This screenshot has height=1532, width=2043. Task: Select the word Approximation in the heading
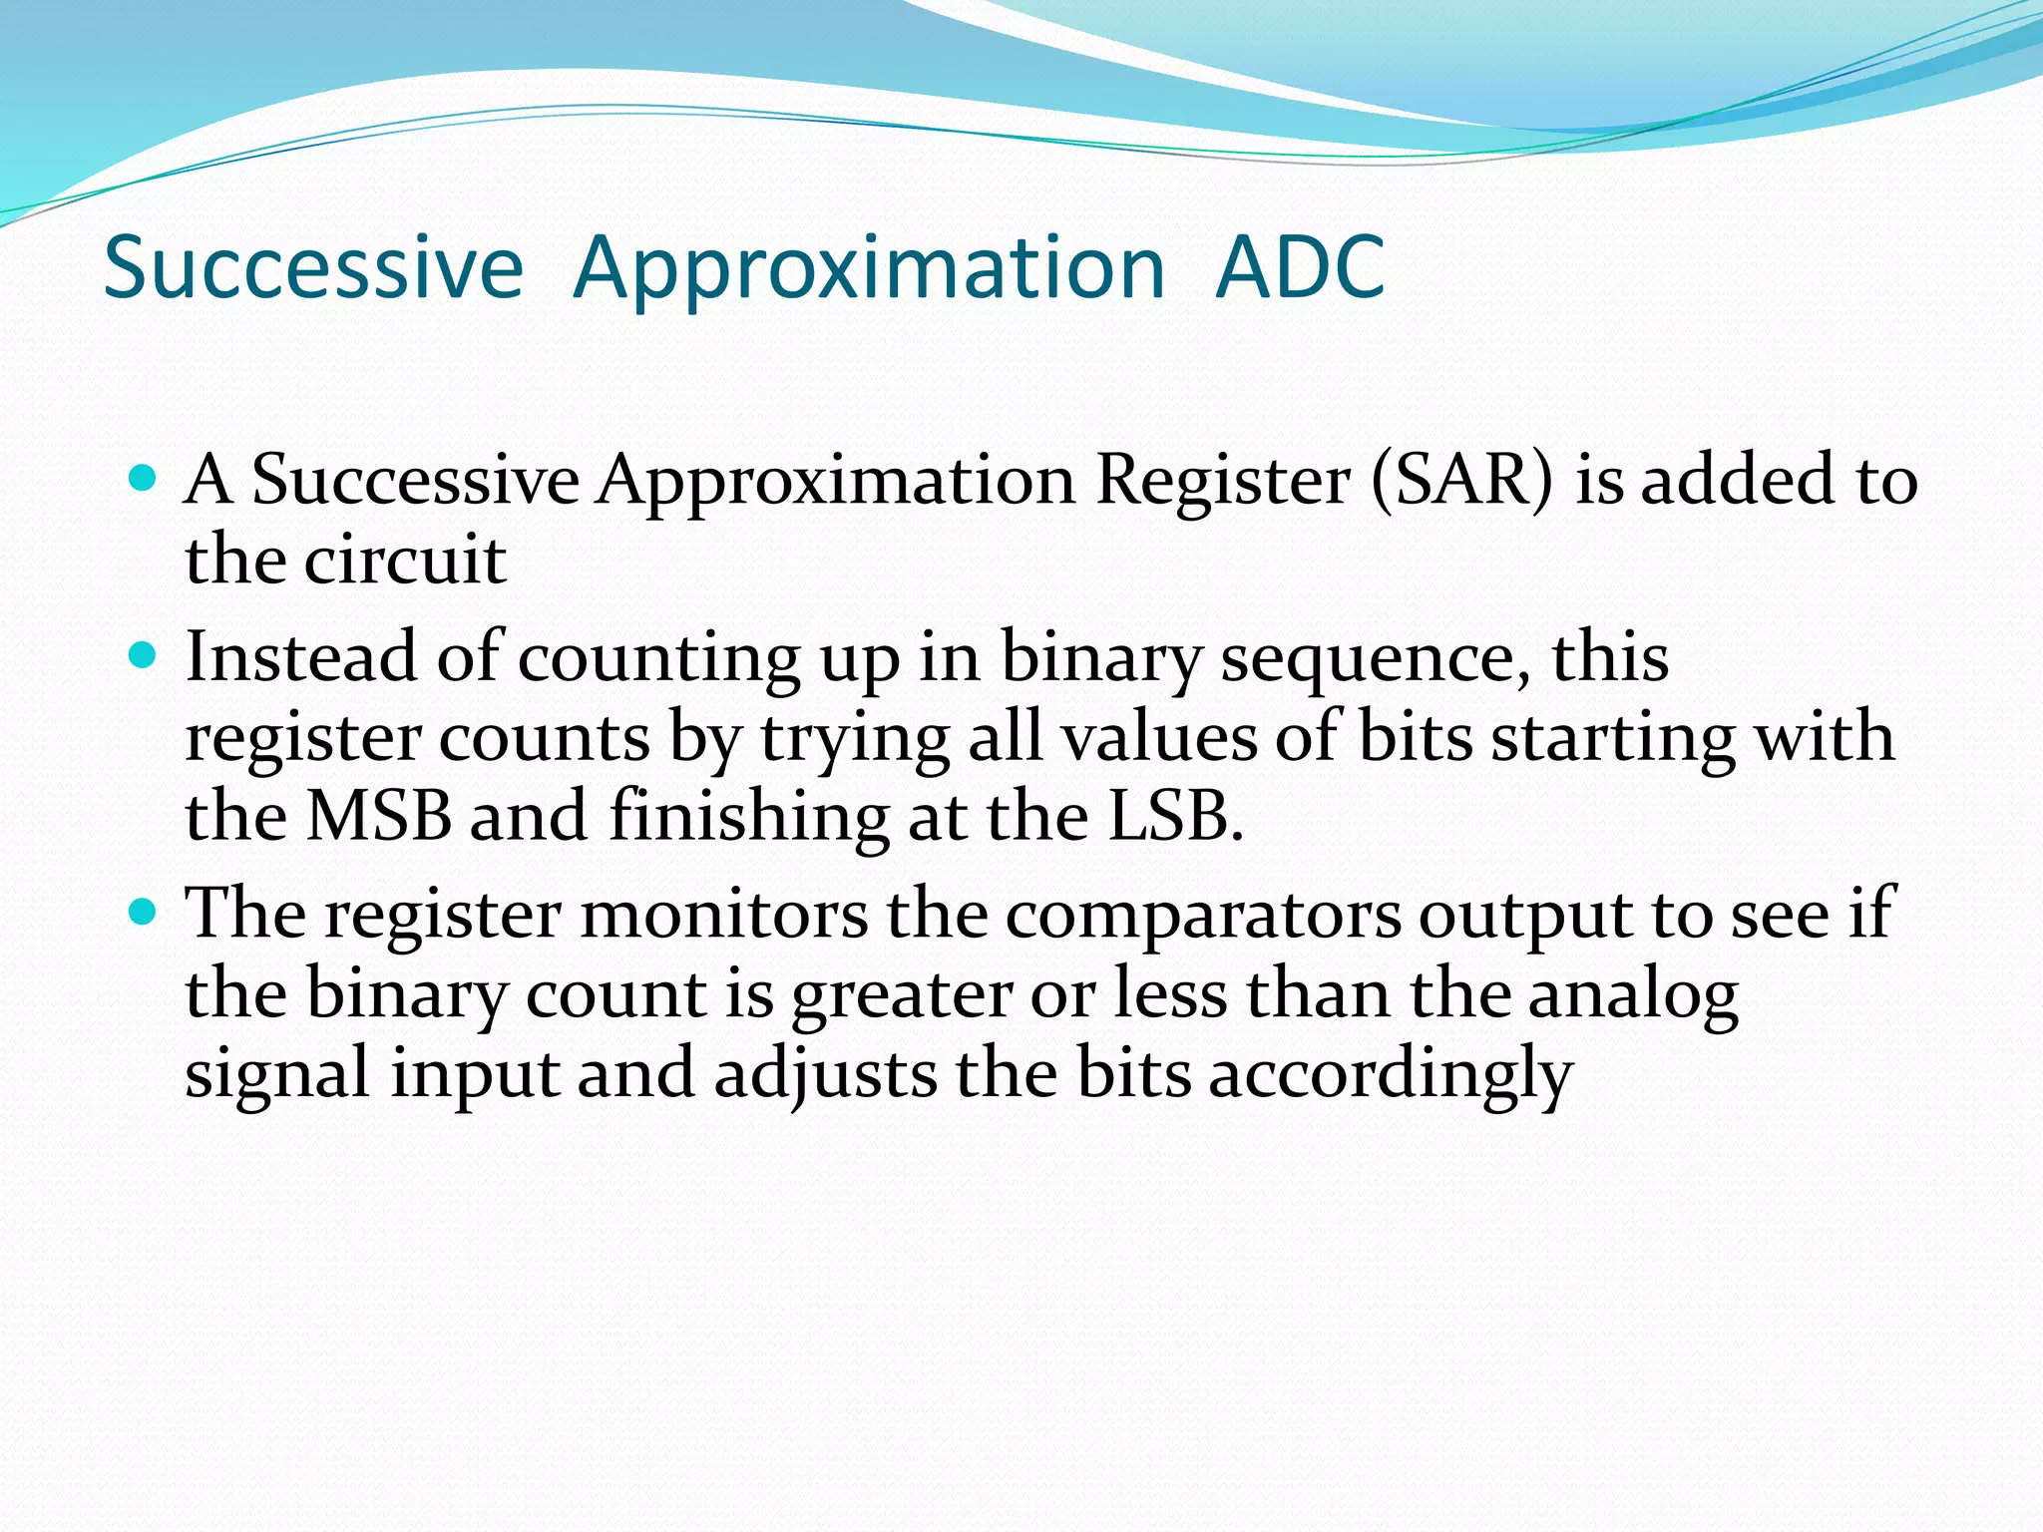click(x=869, y=269)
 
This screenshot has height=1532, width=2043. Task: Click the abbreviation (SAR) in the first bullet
click(x=1461, y=480)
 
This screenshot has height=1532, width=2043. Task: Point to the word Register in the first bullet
click(x=1222, y=482)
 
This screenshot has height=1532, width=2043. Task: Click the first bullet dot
click(x=144, y=478)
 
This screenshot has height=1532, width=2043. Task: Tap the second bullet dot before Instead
click(x=144, y=655)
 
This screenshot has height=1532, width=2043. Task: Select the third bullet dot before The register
click(x=144, y=911)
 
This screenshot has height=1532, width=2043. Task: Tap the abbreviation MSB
click(x=378, y=816)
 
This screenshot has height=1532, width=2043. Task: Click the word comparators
click(x=1203, y=916)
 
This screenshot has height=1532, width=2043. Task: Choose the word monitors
click(x=724, y=914)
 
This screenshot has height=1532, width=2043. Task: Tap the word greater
click(x=902, y=996)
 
